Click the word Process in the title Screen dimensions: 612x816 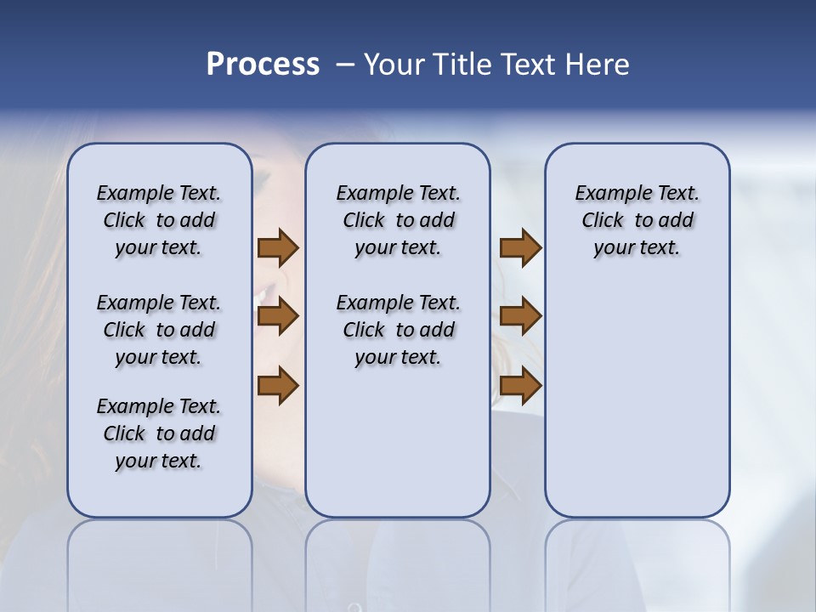(263, 65)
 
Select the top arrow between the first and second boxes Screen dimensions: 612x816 (278, 247)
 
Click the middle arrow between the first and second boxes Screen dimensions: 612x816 (278, 317)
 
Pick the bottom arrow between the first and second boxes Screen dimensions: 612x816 (278, 386)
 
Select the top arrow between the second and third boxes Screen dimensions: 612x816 (520, 247)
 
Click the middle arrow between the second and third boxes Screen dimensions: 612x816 (520, 317)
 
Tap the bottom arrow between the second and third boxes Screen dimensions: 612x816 (520, 386)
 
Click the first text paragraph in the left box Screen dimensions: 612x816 (159, 220)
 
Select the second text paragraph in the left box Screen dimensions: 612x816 (159, 330)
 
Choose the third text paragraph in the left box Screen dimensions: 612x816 (159, 433)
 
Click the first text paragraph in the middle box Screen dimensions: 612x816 (398, 220)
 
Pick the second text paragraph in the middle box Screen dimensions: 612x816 (398, 330)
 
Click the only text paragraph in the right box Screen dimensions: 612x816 (637, 220)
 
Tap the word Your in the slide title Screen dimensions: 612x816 (395, 65)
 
